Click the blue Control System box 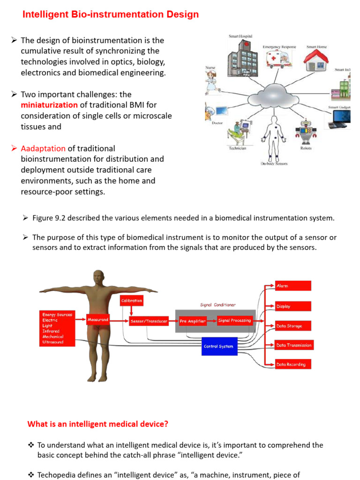tap(218, 346)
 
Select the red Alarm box tap(293, 285)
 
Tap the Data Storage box tap(293, 326)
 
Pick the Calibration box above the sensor tap(132, 300)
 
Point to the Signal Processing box tap(234, 321)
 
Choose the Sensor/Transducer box tap(149, 321)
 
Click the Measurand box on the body tap(98, 320)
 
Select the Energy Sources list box tap(58, 328)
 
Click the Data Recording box tap(293, 365)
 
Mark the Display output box tap(293, 306)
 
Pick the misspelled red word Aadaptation tap(43, 148)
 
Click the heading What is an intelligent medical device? tap(98, 424)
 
